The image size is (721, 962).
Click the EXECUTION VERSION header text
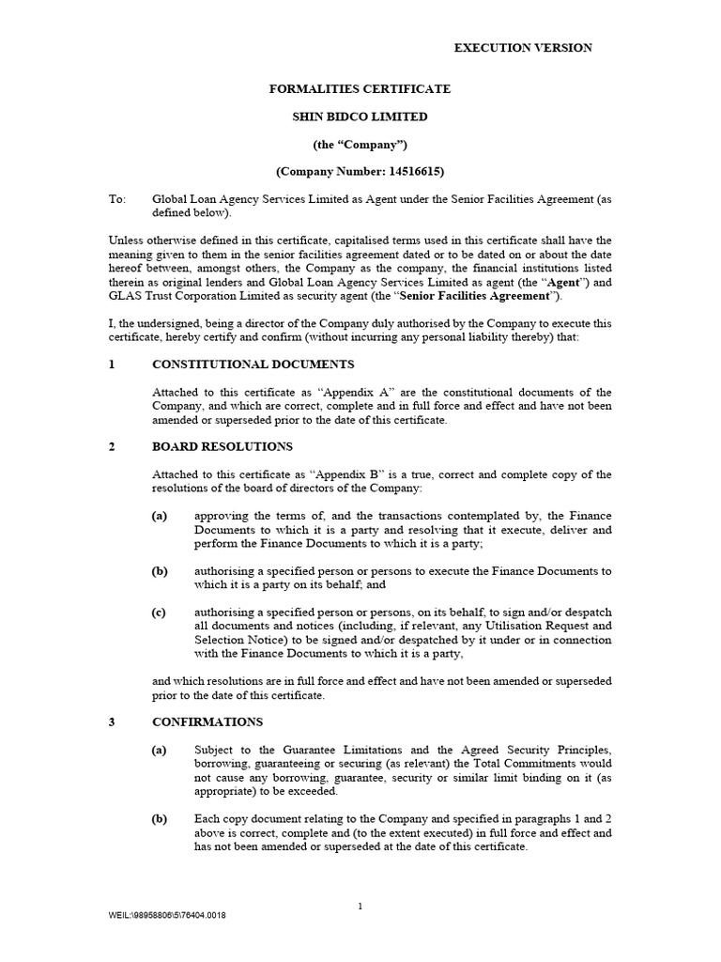pos(523,48)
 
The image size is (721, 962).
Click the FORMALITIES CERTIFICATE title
pos(360,89)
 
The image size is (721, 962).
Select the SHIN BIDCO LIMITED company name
pos(360,116)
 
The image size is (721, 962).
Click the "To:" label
pos(117,199)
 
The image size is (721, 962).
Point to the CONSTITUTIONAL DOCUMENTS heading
pos(253,365)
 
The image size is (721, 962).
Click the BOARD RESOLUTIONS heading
pos(222,446)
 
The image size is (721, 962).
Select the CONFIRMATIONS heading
pos(207,721)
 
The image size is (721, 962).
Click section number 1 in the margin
pos(112,365)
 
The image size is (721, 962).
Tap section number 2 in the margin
pos(112,446)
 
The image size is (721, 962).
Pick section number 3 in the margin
pos(112,721)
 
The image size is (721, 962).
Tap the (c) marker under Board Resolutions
pos(160,612)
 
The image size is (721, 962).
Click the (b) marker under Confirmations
pos(160,818)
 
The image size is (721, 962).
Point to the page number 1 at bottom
pos(360,906)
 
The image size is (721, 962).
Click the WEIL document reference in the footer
pos(166,915)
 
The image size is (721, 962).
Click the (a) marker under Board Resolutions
pos(160,515)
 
